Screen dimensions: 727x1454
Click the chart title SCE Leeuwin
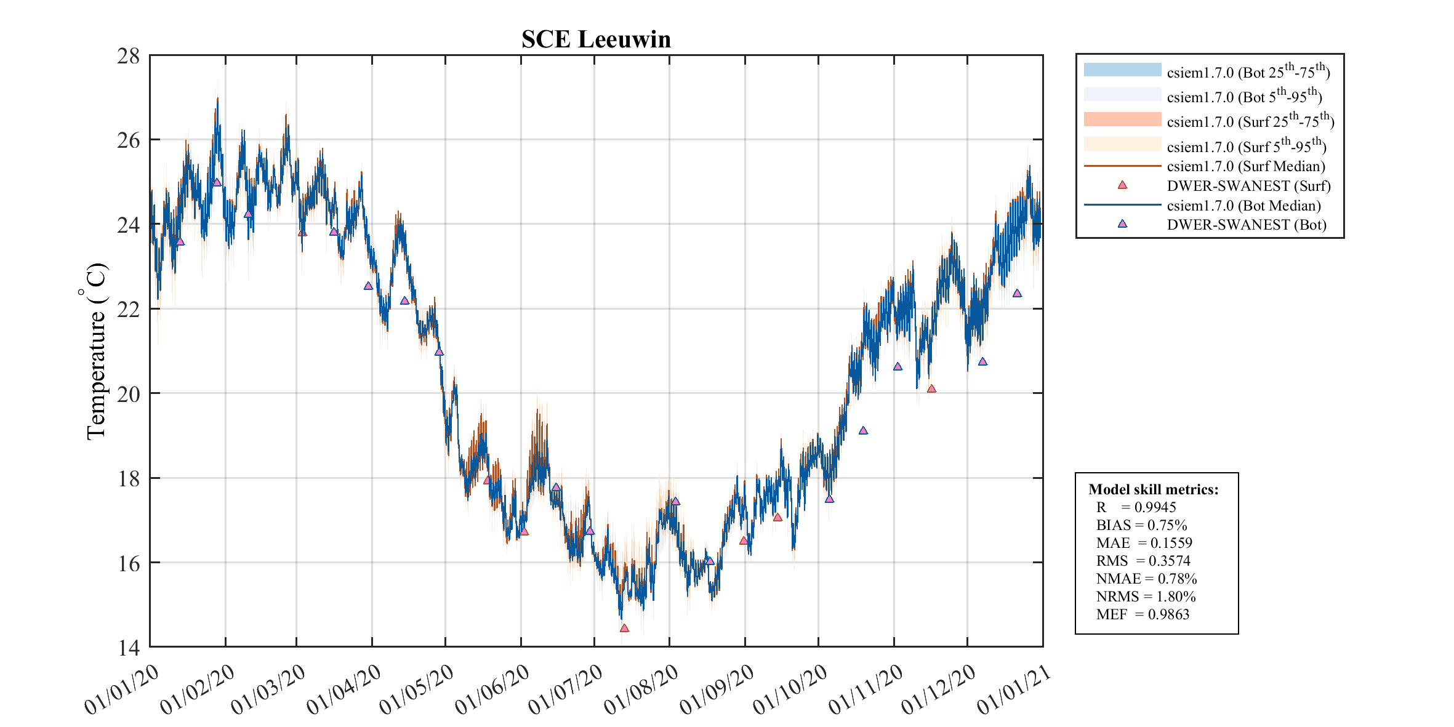[596, 39]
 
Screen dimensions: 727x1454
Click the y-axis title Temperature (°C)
[95, 351]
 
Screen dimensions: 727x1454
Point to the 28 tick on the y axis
[129, 56]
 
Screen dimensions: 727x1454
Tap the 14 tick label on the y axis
[129, 648]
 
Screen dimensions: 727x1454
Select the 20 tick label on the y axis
[129, 394]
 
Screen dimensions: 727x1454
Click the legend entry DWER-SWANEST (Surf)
[1248, 186]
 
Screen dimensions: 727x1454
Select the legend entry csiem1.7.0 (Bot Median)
[1243, 206]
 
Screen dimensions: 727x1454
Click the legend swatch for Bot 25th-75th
[1122, 70]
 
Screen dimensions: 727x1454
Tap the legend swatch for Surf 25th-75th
[1122, 119]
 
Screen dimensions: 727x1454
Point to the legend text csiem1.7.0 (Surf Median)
[1246, 166]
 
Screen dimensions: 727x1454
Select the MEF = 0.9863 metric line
[1143, 614]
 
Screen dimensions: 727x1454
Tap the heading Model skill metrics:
[1153, 489]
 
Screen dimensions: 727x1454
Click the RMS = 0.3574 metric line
[1143, 561]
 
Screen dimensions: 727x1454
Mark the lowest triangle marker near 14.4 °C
[624, 629]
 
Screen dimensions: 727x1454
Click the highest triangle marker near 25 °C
[217, 183]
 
